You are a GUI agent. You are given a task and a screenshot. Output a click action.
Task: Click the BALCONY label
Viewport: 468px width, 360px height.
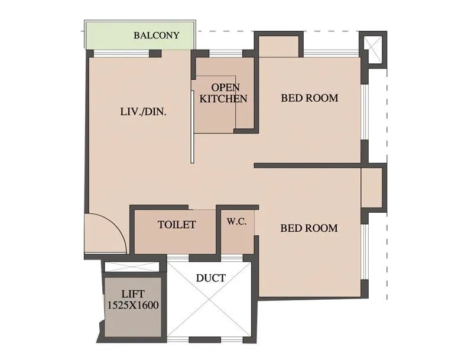click(156, 35)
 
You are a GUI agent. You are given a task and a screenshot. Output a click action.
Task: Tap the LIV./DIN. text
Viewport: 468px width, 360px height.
click(142, 111)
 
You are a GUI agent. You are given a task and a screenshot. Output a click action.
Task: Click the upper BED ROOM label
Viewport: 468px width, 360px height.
click(309, 98)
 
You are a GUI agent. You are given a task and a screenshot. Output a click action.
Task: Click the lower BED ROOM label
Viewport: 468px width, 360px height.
click(308, 228)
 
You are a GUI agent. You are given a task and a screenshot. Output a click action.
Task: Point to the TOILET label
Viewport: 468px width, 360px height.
click(177, 225)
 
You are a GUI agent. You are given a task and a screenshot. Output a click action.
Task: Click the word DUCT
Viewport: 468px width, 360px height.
click(210, 278)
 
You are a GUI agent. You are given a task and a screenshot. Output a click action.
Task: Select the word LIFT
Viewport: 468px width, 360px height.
click(133, 294)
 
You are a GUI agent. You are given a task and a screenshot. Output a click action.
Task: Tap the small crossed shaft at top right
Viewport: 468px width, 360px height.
click(372, 47)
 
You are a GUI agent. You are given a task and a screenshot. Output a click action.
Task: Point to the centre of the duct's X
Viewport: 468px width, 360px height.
click(210, 300)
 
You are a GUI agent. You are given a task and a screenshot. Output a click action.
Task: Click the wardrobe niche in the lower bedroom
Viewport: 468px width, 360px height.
click(372, 188)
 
